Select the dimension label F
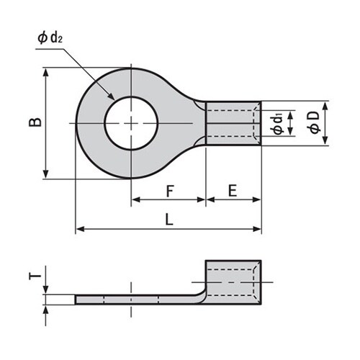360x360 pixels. click(x=169, y=191)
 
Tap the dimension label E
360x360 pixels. click(x=233, y=191)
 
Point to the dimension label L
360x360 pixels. click(x=169, y=221)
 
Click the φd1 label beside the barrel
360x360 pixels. click(x=277, y=122)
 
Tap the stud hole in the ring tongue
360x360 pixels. click(x=131, y=123)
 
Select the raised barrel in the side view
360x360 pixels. click(x=233, y=277)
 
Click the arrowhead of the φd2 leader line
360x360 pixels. click(x=111, y=99)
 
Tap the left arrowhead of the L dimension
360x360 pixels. click(x=78, y=230)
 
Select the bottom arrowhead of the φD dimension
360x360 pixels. click(x=325, y=141)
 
